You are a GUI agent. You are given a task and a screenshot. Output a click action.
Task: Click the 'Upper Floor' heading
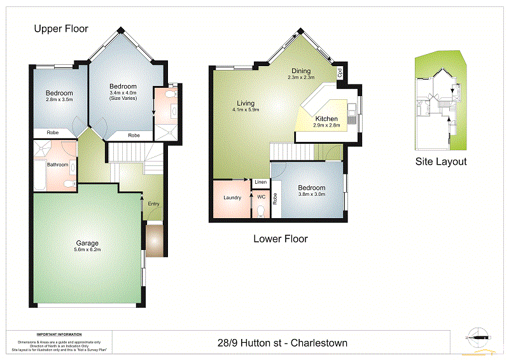(x=61, y=29)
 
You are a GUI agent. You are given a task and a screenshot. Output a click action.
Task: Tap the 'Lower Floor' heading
(x=281, y=239)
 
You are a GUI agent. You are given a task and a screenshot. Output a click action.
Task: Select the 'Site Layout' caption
(x=441, y=162)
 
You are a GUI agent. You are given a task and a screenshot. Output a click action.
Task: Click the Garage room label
(x=87, y=243)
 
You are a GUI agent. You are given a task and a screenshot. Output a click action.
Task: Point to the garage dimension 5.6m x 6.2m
(x=88, y=250)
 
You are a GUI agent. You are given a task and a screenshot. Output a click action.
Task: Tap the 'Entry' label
(x=153, y=204)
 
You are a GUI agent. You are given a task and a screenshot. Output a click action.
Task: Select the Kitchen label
(x=327, y=119)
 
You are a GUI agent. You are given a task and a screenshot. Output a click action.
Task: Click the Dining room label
(x=302, y=71)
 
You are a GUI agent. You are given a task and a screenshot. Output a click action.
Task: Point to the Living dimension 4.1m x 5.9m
(x=246, y=110)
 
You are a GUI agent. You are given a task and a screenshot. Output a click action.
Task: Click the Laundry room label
(x=232, y=198)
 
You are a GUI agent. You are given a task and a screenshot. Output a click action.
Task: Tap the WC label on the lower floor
(x=261, y=198)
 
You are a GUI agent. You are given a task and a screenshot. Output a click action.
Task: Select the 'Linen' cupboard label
(x=260, y=183)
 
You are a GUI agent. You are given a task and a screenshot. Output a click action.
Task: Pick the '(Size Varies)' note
(x=123, y=100)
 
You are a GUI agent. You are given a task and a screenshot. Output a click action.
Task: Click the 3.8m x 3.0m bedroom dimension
(x=312, y=195)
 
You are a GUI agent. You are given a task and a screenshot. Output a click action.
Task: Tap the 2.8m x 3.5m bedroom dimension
(x=59, y=100)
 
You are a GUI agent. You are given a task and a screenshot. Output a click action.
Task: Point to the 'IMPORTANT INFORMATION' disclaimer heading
(x=59, y=335)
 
